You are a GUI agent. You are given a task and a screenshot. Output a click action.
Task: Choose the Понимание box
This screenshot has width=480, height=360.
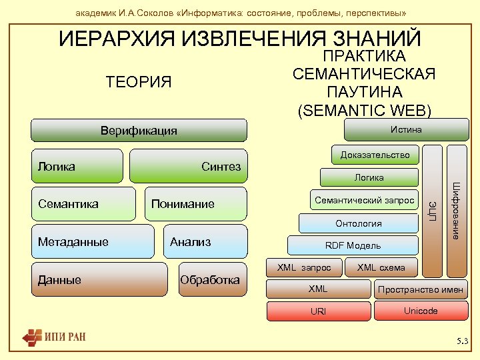196,204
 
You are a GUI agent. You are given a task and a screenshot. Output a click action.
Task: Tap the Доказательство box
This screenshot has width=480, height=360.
375,155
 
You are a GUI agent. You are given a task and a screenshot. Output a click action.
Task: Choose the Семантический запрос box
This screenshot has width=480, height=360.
364,200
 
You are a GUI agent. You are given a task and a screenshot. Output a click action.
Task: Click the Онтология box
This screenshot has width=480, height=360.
359,223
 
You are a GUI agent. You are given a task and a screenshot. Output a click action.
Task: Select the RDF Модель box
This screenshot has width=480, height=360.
353,245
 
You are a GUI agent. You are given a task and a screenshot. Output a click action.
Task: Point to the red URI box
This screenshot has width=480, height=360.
318,311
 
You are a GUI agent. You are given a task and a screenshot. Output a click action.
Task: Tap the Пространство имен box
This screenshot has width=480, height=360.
421,289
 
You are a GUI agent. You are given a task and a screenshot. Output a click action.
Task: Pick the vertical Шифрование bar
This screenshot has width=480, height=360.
457,210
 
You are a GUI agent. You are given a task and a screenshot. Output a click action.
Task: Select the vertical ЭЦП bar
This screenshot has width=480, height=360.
433,210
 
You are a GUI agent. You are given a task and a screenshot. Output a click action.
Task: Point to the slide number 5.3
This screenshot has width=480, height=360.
462,342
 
